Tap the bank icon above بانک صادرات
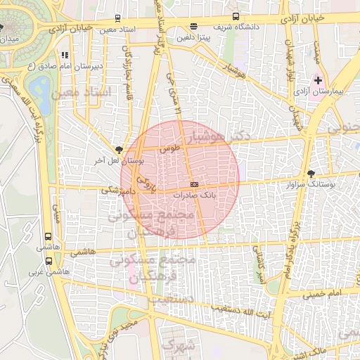194,184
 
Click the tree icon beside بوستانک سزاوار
311,173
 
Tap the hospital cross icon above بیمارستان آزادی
319,82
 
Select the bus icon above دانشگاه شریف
236,17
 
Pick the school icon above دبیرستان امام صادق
64,54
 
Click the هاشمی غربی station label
46,270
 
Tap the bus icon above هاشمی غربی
48,259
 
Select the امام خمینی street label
325,292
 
